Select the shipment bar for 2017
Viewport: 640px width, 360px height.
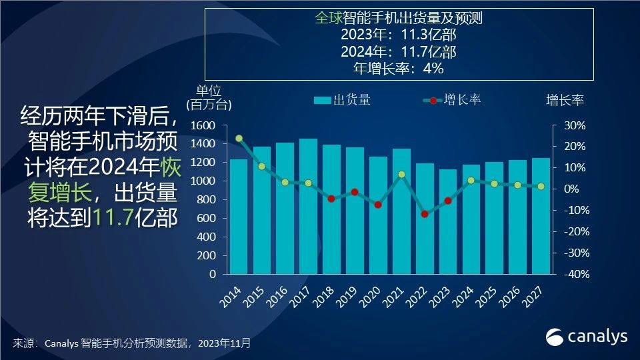coord(308,207)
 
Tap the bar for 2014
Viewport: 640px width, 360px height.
coord(239,217)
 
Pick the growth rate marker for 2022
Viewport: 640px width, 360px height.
coord(425,214)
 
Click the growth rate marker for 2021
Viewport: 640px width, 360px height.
coord(401,175)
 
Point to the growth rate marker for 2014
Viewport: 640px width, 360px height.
coord(239,139)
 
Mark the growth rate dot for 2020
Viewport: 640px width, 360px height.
coord(378,205)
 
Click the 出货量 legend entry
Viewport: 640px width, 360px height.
coord(342,101)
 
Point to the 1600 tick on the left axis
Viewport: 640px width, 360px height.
coord(203,125)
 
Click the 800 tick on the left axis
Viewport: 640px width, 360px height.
coord(207,199)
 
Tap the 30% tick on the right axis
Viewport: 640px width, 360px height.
coord(575,125)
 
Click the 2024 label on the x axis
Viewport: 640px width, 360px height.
coord(464,294)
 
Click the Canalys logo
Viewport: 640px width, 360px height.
coord(587,337)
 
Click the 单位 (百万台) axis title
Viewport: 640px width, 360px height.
coord(209,97)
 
